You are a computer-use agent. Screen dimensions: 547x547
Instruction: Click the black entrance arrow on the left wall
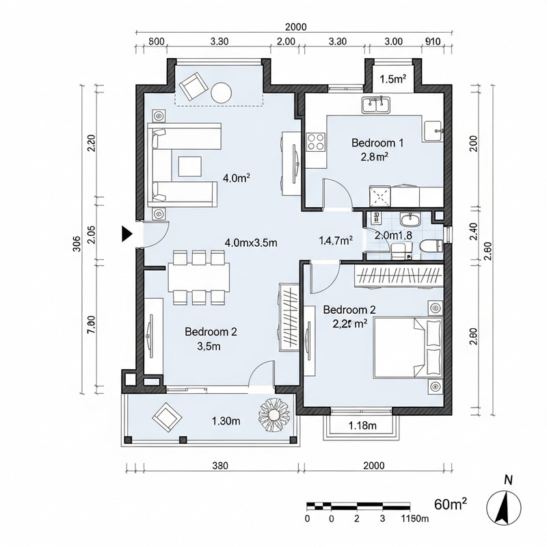126,234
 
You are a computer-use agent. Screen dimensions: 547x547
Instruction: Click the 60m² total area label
451,505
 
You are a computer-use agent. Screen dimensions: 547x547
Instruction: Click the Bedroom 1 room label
377,143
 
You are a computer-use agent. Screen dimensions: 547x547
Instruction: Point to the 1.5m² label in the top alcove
392,79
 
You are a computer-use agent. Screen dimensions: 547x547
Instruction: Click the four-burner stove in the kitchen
315,142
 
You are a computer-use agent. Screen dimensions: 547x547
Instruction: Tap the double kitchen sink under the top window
375,105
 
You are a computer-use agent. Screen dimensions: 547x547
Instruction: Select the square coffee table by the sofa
190,166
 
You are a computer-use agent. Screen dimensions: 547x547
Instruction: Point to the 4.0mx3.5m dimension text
250,242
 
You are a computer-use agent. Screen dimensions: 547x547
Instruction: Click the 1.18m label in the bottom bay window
363,426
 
